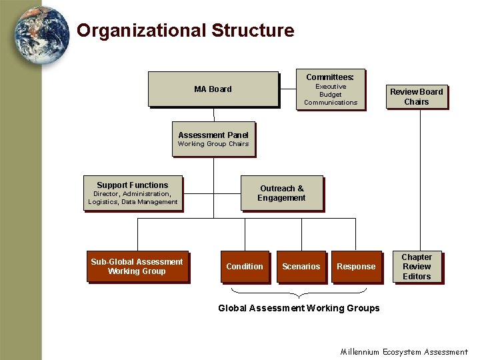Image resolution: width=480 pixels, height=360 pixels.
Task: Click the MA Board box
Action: pos(213,89)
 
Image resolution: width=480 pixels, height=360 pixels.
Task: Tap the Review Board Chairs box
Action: pos(416,97)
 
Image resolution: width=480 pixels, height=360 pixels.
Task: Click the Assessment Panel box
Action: pos(213,139)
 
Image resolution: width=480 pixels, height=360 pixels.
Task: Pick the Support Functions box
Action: pos(133,193)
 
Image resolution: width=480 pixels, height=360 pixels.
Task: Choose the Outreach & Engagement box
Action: pos(281,193)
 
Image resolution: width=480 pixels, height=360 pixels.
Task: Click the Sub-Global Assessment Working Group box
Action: pos(137,267)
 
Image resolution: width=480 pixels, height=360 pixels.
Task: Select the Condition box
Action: pos(245,267)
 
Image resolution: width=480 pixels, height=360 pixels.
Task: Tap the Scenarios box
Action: pos(301,267)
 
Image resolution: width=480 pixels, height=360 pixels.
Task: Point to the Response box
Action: pos(356,267)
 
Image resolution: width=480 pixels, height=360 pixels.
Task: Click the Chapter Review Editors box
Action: pos(417,267)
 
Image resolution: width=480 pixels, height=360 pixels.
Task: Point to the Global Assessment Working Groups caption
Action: pos(299,308)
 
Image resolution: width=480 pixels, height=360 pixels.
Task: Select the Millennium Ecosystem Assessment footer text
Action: pos(404,351)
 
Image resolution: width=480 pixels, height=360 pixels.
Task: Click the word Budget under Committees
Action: pos(331,95)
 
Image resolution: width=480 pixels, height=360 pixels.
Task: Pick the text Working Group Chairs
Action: pos(213,144)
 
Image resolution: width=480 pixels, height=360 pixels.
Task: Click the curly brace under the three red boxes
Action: pos(299,292)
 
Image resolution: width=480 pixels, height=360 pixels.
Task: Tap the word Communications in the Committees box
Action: pos(331,103)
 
